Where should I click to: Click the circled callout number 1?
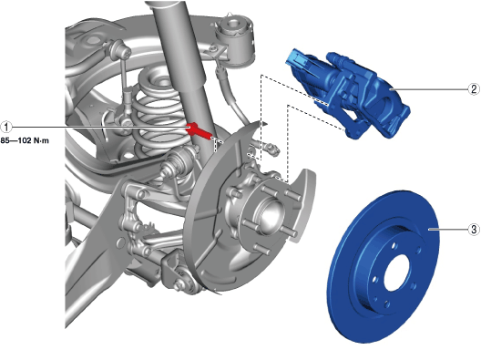(6, 127)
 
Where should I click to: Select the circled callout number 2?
(474, 89)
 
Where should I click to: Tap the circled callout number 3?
(474, 229)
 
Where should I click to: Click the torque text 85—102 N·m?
(25, 141)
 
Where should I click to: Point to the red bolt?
(198, 130)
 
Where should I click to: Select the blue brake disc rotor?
(384, 266)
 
